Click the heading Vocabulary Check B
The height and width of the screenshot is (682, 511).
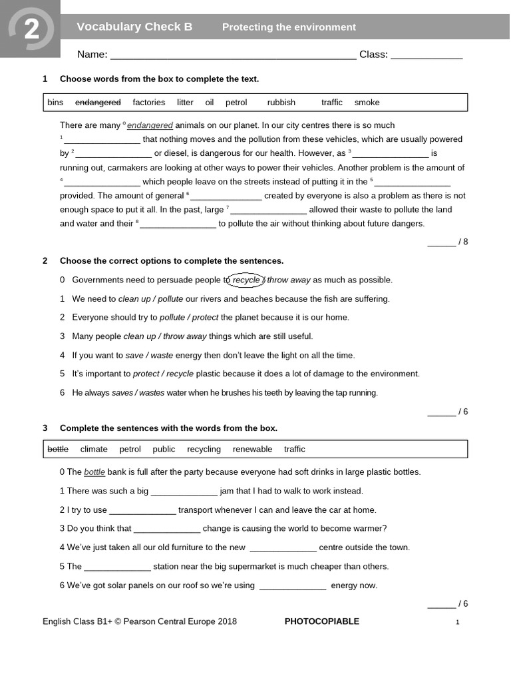point(134,27)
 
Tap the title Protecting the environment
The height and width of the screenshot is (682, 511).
point(289,27)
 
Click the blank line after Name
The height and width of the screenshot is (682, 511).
point(233,55)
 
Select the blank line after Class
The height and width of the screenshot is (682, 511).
point(426,55)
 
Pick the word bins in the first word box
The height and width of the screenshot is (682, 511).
point(55,103)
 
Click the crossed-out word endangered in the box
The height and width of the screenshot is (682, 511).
point(98,103)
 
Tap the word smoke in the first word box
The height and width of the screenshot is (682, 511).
point(367,103)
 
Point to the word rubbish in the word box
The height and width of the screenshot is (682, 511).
point(281,103)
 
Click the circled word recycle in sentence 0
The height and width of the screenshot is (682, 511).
point(246,280)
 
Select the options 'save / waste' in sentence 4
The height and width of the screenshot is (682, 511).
point(144,356)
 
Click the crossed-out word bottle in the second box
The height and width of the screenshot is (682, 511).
point(58,450)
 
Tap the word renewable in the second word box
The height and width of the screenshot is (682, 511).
point(252,450)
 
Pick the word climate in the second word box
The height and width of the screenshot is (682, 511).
point(94,450)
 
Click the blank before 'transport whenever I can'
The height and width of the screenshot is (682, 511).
point(142,511)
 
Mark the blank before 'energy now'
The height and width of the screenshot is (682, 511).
point(293,586)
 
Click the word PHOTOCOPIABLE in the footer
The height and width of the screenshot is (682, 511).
point(321,622)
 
